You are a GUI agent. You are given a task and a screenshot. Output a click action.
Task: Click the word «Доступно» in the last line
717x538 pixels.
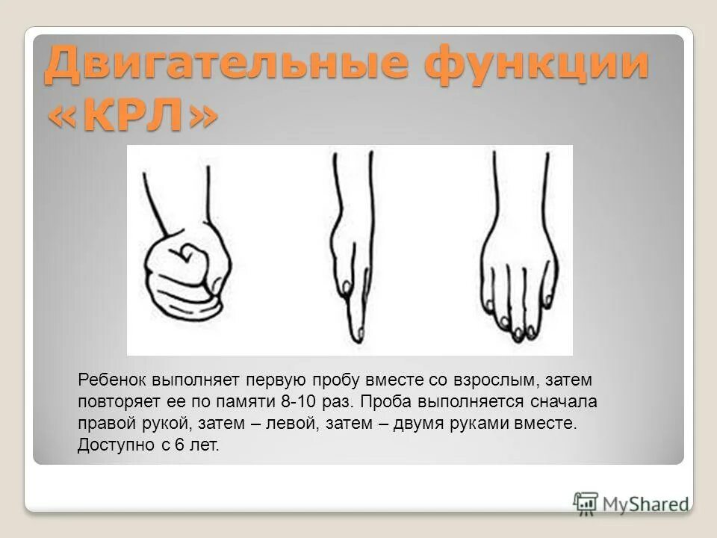111,445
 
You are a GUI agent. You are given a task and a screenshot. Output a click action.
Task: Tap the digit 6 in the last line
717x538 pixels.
183,445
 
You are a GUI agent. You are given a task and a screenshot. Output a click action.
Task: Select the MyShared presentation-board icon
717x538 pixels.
586,503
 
